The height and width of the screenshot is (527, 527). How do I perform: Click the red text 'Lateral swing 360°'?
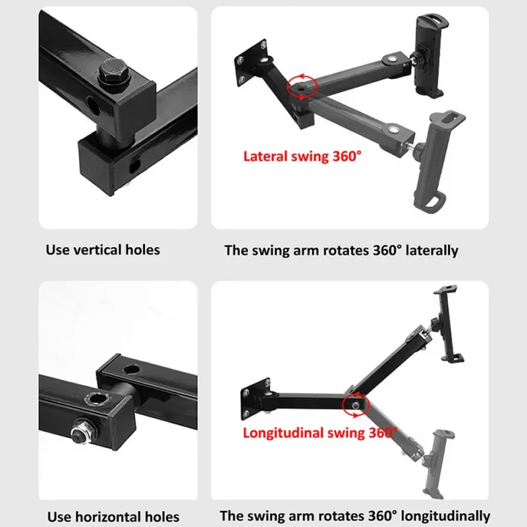click(302, 157)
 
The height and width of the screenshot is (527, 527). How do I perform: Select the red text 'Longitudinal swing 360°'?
click(319, 433)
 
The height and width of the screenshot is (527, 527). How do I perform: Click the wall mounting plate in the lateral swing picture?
click(250, 63)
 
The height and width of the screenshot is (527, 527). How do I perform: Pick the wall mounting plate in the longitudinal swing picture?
click(256, 399)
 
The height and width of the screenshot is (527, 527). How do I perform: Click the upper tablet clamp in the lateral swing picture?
click(430, 55)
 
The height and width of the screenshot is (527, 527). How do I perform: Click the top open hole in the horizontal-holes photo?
click(131, 370)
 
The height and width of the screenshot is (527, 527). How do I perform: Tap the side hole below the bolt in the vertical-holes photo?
click(93, 105)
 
